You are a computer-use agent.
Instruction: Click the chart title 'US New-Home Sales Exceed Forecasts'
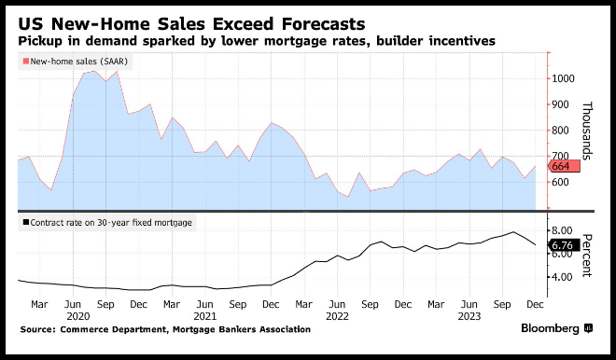(191, 24)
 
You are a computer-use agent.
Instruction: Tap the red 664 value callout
(564, 166)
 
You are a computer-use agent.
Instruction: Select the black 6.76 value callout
(564, 245)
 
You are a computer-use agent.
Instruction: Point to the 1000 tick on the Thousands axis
(563, 78)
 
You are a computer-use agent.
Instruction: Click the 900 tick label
(560, 104)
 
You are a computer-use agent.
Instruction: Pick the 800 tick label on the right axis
(560, 131)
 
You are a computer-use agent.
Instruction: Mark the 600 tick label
(560, 182)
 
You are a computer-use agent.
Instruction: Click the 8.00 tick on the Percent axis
(561, 230)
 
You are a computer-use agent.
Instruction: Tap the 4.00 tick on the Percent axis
(561, 277)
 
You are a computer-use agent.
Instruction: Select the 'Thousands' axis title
(586, 131)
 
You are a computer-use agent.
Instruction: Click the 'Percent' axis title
(586, 256)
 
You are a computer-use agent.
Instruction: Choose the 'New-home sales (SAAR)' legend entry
(76, 62)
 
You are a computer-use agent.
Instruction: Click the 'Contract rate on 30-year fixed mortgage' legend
(107, 223)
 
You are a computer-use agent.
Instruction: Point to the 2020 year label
(78, 316)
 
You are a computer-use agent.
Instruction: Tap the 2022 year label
(337, 316)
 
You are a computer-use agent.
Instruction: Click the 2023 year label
(469, 316)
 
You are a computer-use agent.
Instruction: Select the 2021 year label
(205, 316)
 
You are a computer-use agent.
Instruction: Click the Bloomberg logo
(556, 328)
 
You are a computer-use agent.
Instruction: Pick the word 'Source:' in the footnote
(38, 329)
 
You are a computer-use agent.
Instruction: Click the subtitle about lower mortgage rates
(257, 41)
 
